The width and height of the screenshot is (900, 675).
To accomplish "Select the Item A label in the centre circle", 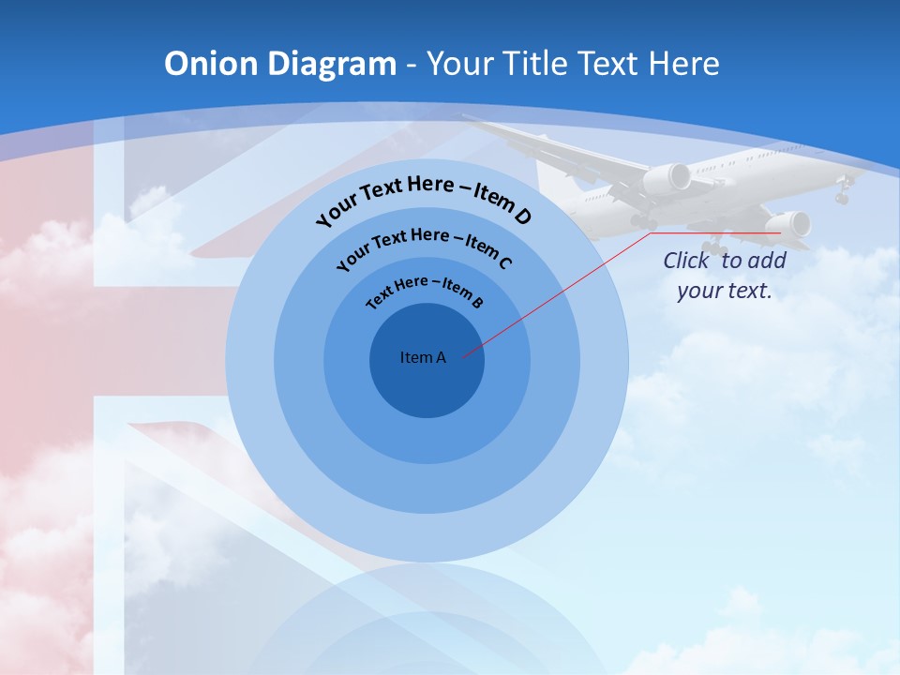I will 423,357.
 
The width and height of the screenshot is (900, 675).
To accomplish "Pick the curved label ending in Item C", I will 424,247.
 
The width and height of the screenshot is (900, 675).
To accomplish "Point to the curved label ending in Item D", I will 424,200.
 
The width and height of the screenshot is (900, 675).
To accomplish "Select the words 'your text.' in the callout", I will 725,291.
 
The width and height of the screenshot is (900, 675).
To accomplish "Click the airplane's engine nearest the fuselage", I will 667,178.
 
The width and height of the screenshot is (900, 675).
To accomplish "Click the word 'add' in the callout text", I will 767,261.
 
